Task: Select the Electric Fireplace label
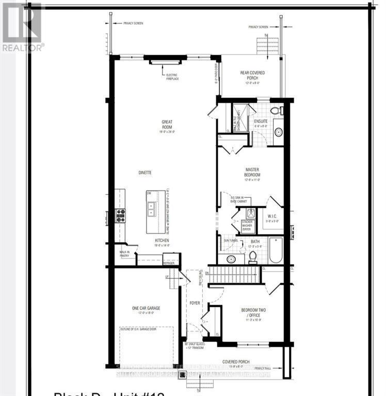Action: [x=165, y=77]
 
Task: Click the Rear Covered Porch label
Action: [x=253, y=75]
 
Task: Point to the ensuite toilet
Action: [x=275, y=110]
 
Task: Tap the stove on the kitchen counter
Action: [x=120, y=215]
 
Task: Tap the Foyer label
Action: [x=194, y=303]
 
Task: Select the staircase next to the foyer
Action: [x=233, y=275]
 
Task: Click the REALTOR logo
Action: [x=22, y=27]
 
